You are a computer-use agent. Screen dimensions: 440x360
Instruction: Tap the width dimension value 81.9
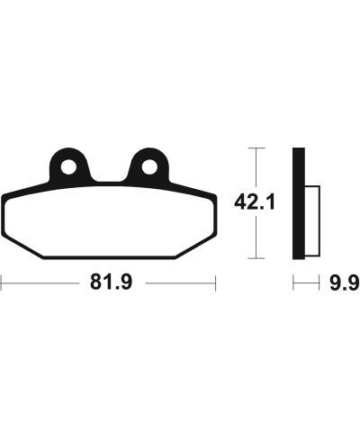tap(109, 284)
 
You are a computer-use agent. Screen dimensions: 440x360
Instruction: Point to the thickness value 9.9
tap(343, 284)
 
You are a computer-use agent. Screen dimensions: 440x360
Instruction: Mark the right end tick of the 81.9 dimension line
tap(216, 284)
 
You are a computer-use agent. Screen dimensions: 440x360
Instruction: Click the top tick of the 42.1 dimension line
tap(259, 147)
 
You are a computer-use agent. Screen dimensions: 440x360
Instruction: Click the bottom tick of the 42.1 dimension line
tap(259, 261)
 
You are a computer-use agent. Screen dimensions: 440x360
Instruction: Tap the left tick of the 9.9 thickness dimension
tap(292, 284)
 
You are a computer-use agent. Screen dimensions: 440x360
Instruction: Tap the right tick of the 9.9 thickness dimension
tap(321, 284)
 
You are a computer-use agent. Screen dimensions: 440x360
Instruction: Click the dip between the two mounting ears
tap(109, 178)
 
